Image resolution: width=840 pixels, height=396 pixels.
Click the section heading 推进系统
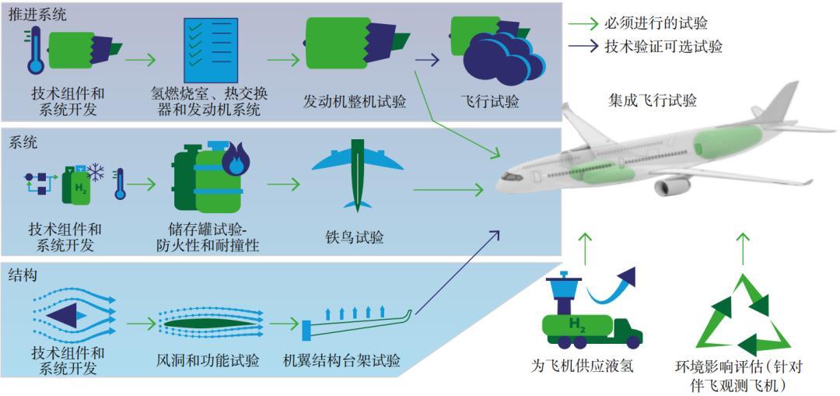[37, 14]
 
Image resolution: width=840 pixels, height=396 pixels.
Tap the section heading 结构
[23, 275]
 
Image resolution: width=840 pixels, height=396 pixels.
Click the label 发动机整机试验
[354, 102]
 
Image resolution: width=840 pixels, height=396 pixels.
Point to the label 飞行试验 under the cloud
[490, 102]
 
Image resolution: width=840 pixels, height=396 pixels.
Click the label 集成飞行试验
[652, 101]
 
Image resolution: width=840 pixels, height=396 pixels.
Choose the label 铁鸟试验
[355, 237]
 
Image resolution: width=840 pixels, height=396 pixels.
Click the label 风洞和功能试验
[207, 361]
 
